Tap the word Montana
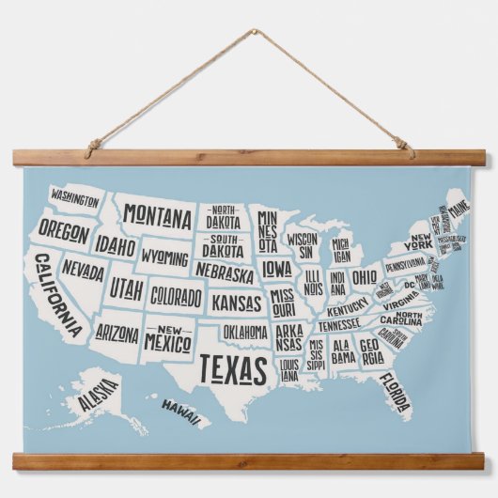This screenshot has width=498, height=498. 157,218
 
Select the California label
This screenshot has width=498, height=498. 57,294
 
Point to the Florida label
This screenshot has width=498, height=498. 395,392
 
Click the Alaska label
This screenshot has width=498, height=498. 98,393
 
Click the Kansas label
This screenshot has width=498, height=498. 236,303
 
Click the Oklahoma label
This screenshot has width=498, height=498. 244,332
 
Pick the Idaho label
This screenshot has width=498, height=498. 115,246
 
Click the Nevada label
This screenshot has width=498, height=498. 84,272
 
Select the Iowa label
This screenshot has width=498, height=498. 276,269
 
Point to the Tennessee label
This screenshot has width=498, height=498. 338,324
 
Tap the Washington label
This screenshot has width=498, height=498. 75,198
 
